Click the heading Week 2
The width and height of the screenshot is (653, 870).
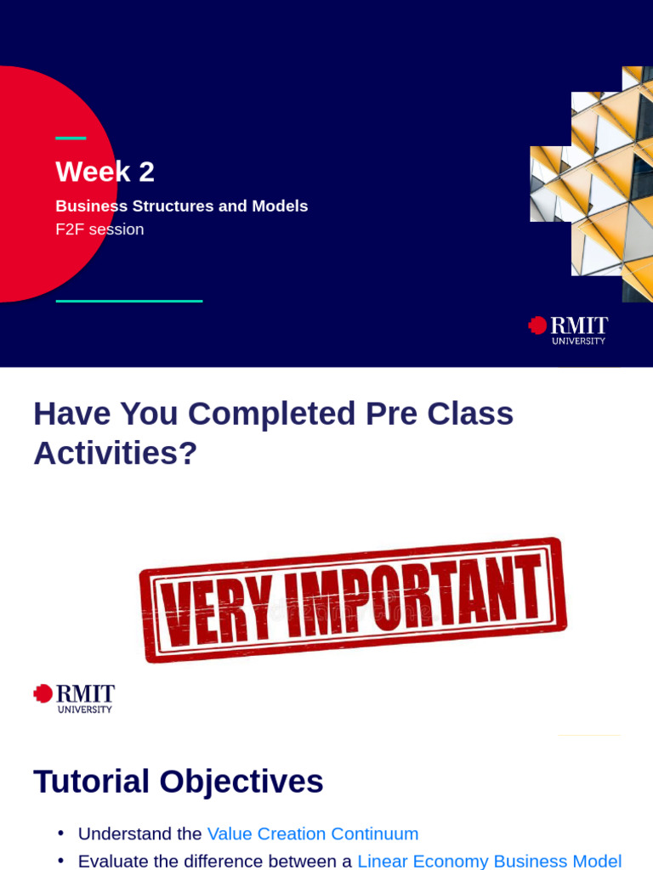pyautogui.click(x=105, y=172)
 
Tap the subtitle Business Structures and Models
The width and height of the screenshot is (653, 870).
pyautogui.click(x=182, y=206)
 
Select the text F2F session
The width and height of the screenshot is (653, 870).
pyautogui.click(x=100, y=229)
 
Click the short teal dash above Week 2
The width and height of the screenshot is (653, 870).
pyautogui.click(x=71, y=138)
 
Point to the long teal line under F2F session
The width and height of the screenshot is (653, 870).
pyautogui.click(x=129, y=302)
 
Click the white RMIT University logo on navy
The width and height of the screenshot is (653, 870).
pyautogui.click(x=568, y=330)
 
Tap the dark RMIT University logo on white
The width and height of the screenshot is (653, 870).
pyautogui.click(x=74, y=698)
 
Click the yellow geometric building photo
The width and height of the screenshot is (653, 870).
pyautogui.click(x=592, y=184)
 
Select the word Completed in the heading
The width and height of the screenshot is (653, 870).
pyautogui.click(x=271, y=414)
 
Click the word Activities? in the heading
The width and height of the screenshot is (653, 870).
pyautogui.click(x=116, y=453)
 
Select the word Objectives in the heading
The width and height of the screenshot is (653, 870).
pyautogui.click(x=241, y=782)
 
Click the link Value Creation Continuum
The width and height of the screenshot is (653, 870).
pyautogui.click(x=313, y=833)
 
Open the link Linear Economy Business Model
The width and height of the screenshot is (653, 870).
pyautogui.click(x=490, y=862)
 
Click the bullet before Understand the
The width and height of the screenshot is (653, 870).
pyautogui.click(x=61, y=833)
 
